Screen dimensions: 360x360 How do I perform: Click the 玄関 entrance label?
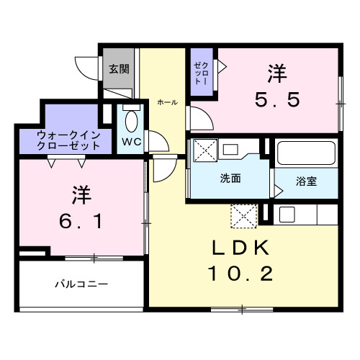119,70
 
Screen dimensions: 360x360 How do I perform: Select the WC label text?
130,141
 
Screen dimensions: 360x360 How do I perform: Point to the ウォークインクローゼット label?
65,139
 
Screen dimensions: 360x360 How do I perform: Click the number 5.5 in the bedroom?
276,102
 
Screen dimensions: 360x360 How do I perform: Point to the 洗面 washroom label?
230,179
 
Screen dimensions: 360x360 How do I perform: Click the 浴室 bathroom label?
305,181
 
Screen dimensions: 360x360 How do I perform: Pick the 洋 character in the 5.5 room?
276,73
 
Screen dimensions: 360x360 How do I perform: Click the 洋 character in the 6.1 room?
81,194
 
